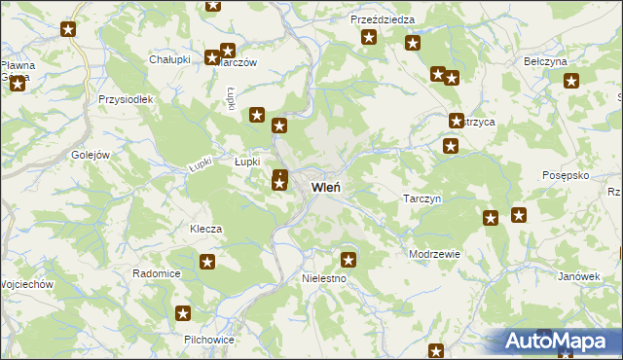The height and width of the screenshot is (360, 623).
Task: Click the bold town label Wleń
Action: click(x=325, y=187)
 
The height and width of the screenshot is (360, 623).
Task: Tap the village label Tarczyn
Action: click(x=423, y=198)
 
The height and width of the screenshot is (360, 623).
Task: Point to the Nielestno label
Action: click(x=318, y=278)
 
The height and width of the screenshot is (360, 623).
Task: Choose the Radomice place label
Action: click(x=157, y=273)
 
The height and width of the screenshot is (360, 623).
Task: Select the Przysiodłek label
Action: click(x=121, y=99)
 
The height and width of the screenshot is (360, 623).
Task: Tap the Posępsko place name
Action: click(x=567, y=175)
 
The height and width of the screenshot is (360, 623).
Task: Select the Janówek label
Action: click(x=579, y=276)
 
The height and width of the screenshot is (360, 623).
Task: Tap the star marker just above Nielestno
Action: click(x=348, y=259)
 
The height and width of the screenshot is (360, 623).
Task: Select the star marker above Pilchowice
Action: click(x=183, y=313)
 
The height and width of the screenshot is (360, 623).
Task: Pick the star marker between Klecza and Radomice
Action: click(x=207, y=261)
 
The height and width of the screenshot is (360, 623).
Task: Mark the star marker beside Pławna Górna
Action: click(x=18, y=85)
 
